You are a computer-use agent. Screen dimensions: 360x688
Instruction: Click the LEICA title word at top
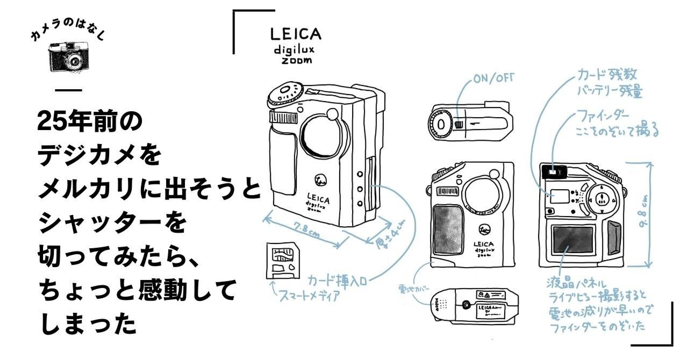[x=296, y=34]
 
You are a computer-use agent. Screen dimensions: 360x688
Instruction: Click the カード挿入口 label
[x=341, y=279]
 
